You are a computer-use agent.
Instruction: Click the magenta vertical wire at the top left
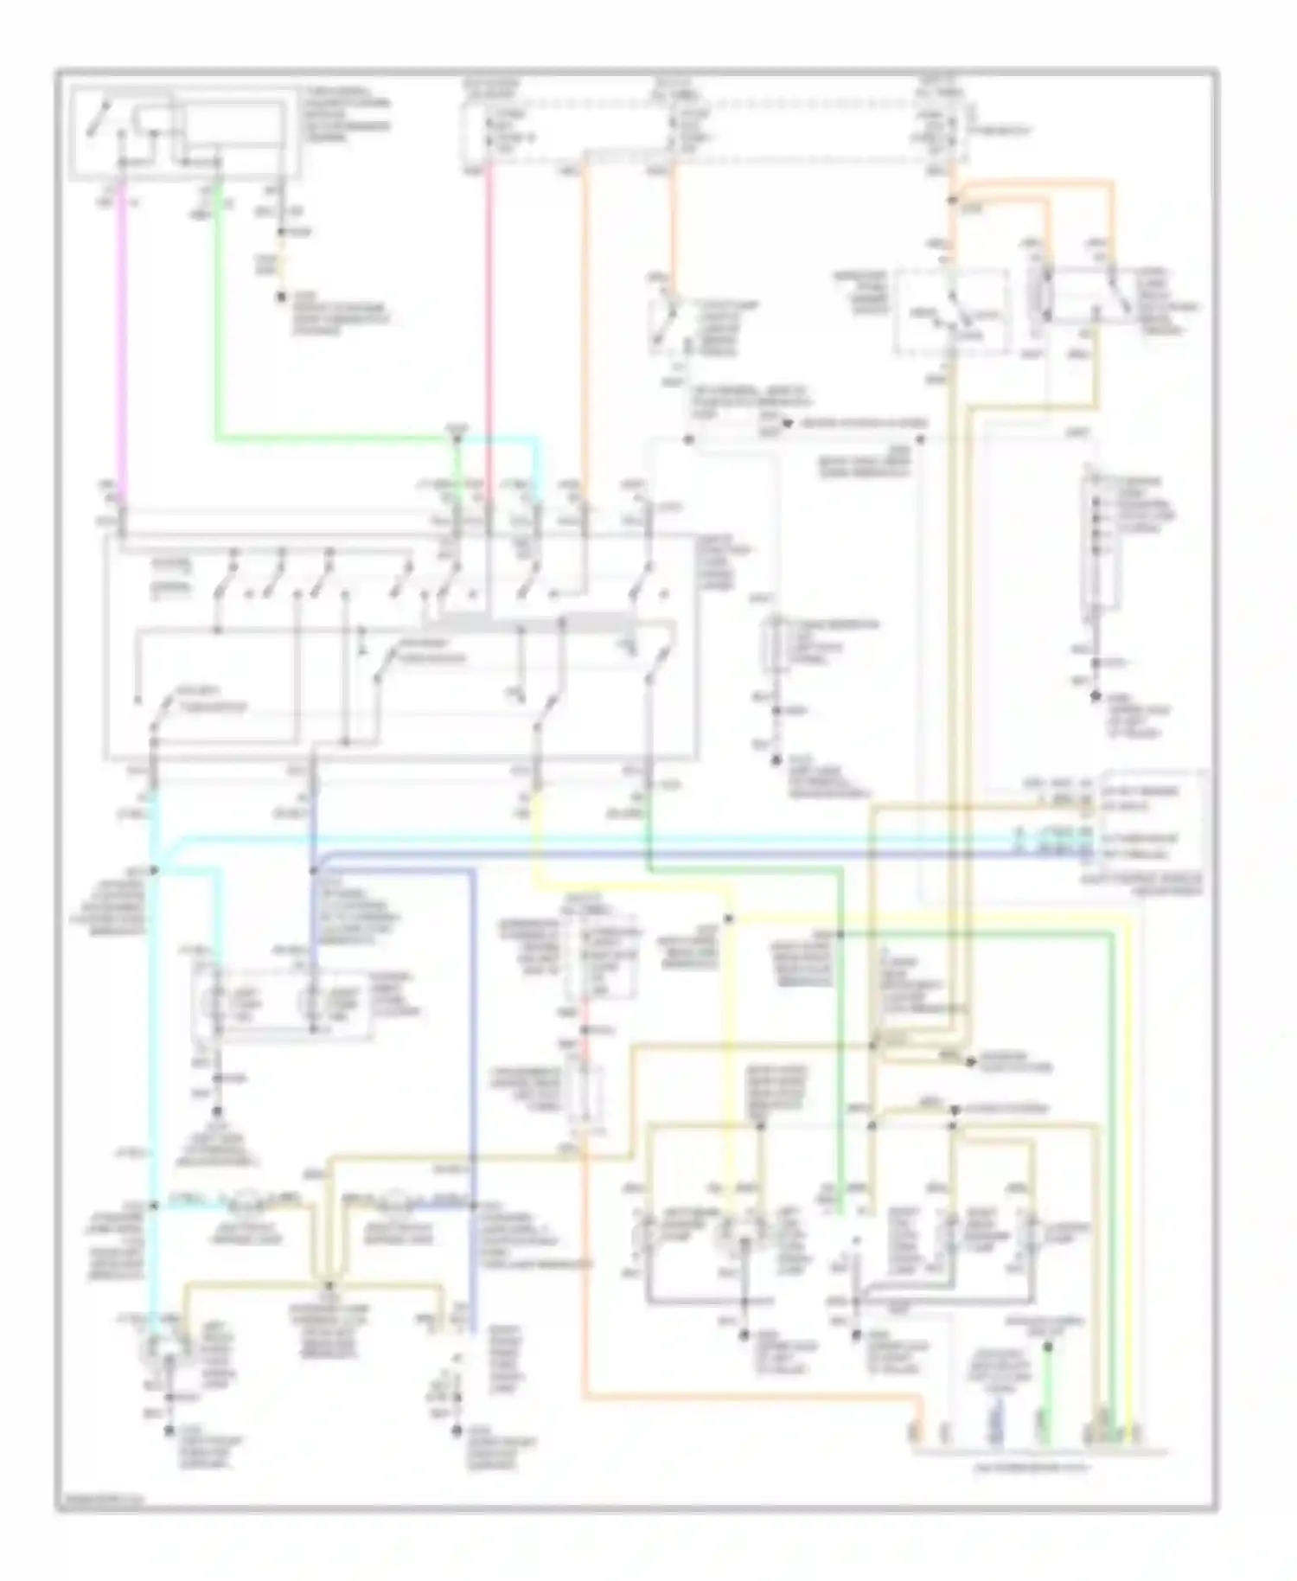point(122,346)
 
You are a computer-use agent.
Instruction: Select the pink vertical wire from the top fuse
point(489,329)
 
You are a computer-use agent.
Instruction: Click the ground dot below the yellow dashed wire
point(281,298)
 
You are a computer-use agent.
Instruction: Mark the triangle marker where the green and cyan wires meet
point(457,430)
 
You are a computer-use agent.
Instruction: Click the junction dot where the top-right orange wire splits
point(952,202)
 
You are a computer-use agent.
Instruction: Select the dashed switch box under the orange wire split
point(951,311)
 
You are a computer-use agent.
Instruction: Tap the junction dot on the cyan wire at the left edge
point(155,870)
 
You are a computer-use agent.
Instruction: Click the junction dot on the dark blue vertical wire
point(313,870)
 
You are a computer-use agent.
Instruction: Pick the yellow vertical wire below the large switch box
point(539,830)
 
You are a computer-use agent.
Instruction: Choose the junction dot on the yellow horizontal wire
point(729,919)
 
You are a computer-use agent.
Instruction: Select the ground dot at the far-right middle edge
point(1096,695)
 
